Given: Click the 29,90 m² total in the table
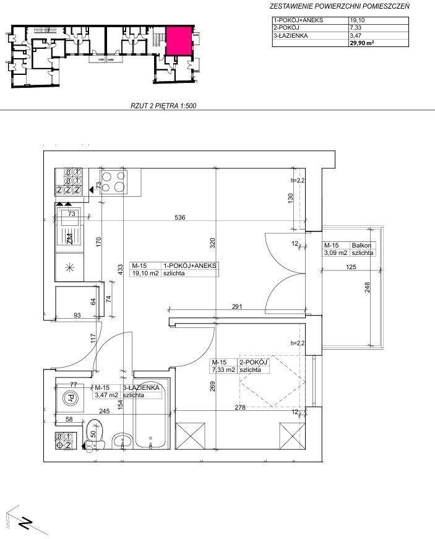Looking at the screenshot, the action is pos(361,43).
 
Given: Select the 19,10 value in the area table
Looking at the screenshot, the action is pos(357,20).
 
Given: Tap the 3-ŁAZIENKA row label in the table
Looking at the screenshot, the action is pos(291,35).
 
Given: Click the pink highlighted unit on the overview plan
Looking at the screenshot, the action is pos(179,41).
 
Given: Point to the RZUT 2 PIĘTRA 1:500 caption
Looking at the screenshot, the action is pos(163,106).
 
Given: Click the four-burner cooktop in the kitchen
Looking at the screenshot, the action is pos(113,181).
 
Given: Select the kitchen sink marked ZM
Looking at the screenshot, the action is pos(70,227).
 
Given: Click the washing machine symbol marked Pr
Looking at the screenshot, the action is pos(70,398).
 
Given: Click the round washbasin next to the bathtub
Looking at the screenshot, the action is pos(122,440).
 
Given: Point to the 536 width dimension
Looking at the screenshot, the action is pos(179,217).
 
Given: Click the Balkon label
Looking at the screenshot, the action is pos(361,246).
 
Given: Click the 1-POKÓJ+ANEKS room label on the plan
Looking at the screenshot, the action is pos(190,265).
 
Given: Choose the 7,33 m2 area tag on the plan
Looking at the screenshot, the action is pos(223,370).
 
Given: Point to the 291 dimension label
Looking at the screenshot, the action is pos(237,306).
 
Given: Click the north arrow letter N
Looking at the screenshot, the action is pos(25,524).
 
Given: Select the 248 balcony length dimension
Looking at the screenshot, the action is pos(367,287).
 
